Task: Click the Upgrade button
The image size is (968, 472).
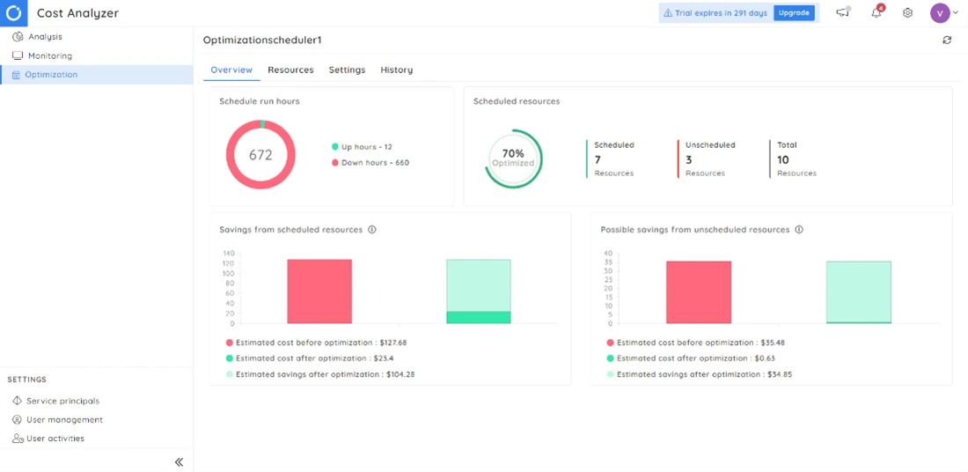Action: click(x=794, y=13)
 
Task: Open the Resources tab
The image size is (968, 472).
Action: click(x=290, y=70)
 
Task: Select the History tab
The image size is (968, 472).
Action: click(x=396, y=70)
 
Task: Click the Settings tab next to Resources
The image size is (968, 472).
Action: click(x=347, y=70)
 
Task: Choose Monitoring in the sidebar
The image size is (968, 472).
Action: click(x=49, y=55)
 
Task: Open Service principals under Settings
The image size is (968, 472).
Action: click(x=62, y=401)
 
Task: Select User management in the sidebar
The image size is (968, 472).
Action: click(x=63, y=419)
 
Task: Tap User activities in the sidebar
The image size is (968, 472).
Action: click(x=55, y=438)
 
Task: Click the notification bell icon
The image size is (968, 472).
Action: click(x=876, y=13)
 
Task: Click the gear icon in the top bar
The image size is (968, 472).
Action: click(x=907, y=13)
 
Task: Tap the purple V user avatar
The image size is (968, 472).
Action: click(x=940, y=13)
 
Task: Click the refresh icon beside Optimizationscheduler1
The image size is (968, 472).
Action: click(x=947, y=41)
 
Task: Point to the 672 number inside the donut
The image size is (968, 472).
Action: click(x=260, y=155)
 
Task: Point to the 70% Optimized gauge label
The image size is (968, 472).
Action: click(x=513, y=158)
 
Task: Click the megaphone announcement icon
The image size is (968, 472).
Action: click(x=843, y=13)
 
